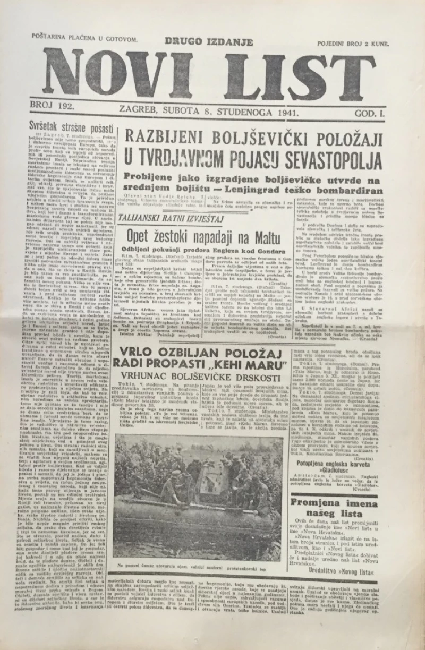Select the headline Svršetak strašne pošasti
(x=72, y=129)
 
